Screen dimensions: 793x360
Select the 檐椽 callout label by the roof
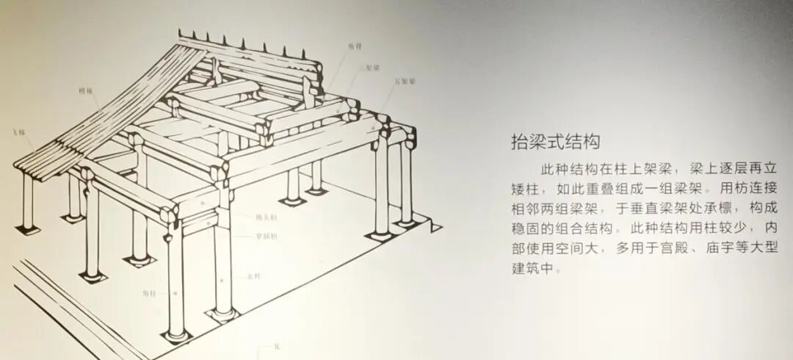(x=85, y=90)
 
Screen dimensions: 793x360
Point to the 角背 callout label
(x=355, y=46)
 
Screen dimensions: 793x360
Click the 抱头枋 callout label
(x=266, y=217)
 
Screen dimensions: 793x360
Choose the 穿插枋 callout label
(x=266, y=236)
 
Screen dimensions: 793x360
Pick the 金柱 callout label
(x=254, y=276)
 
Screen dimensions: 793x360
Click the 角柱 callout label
(x=150, y=292)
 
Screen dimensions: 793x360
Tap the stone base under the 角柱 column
(x=175, y=337)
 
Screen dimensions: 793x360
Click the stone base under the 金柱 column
(x=222, y=315)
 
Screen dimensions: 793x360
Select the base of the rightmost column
(x=405, y=220)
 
